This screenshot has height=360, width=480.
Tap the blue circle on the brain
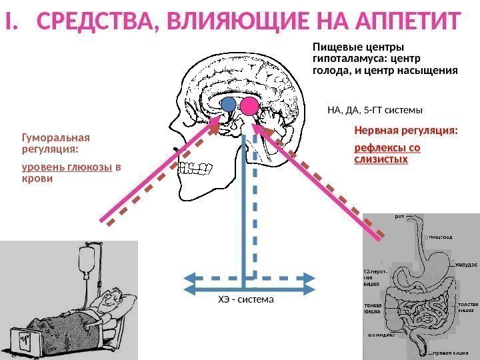[229, 104]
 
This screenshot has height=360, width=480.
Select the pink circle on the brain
[250, 105]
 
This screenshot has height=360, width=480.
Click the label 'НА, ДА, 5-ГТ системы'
[375, 109]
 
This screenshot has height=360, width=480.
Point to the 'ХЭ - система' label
[246, 300]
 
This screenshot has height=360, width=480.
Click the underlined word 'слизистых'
[381, 161]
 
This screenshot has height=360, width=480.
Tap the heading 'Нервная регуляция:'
[406, 131]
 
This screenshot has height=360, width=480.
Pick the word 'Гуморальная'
[56, 138]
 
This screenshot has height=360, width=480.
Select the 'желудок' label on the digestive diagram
[467, 265]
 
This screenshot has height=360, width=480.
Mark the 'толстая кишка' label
[469, 307]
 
